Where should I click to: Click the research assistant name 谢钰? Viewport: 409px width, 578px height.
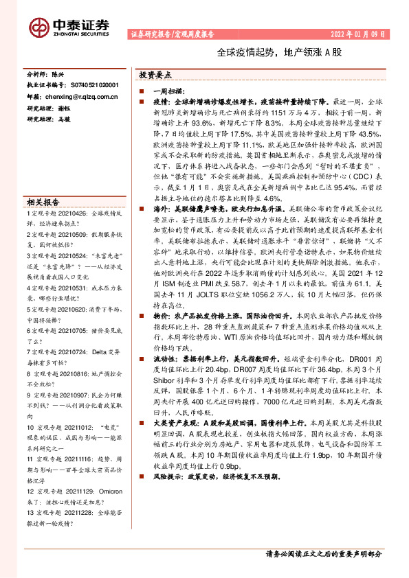click(x=64, y=108)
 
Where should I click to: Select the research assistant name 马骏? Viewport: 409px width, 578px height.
click(x=64, y=119)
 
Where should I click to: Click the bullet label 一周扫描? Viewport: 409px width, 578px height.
click(x=169, y=91)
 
